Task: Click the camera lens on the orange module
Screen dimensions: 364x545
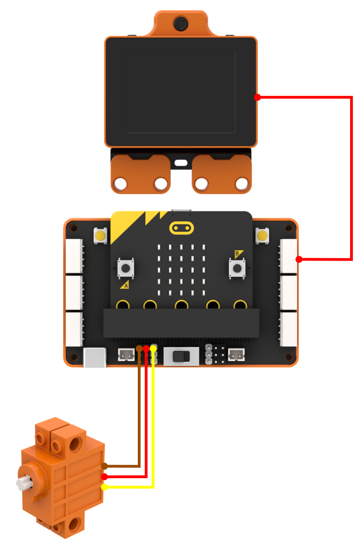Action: pyautogui.click(x=180, y=24)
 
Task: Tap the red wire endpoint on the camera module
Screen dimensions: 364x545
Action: pyautogui.click(x=257, y=97)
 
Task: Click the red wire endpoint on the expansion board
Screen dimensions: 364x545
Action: pyautogui.click(x=299, y=259)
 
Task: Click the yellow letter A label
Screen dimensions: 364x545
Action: pyautogui.click(x=125, y=285)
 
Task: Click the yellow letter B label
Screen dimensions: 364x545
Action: pyautogui.click(x=238, y=254)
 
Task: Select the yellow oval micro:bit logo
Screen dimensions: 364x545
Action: pyautogui.click(x=181, y=228)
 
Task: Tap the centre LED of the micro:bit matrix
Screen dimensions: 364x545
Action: pyautogui.click(x=181, y=270)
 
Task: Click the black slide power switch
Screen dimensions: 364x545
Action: pyautogui.click(x=181, y=357)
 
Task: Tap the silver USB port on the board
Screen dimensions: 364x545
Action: pyautogui.click(x=95, y=357)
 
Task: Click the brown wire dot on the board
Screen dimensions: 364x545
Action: pyautogui.click(x=139, y=348)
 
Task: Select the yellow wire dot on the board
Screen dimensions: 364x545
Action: pyautogui.click(x=153, y=348)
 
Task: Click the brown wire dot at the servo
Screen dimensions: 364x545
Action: pyautogui.click(x=104, y=466)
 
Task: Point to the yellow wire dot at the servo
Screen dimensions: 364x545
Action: pyautogui.click(x=104, y=487)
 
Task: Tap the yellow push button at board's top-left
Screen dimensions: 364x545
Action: pyautogui.click(x=100, y=235)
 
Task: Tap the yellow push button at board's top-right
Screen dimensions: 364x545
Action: pyautogui.click(x=262, y=235)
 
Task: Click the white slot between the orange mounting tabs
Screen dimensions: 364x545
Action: pyautogui.click(x=181, y=163)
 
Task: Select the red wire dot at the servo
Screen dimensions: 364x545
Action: pyautogui.click(x=104, y=477)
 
